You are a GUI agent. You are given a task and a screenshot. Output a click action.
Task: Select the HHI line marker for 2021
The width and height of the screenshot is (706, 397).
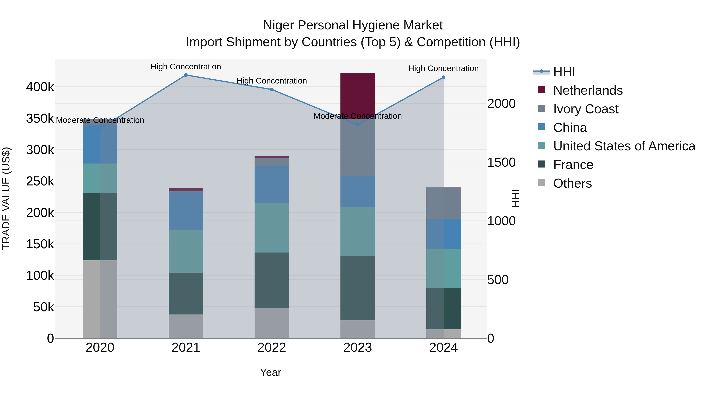coord(186,75)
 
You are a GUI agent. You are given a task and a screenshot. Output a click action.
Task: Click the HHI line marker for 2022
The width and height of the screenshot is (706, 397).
coord(272,90)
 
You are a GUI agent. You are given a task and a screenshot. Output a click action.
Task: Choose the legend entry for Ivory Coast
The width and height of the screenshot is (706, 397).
coord(585,109)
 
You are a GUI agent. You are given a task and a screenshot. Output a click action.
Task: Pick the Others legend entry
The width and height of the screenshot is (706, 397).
coord(572,183)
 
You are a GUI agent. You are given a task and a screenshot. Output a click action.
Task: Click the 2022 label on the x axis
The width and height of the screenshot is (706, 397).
coord(272,348)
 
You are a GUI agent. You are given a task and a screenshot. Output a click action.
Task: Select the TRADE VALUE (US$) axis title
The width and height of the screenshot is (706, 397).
coord(6,198)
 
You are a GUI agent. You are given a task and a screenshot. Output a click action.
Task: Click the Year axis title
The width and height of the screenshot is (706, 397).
coord(270,372)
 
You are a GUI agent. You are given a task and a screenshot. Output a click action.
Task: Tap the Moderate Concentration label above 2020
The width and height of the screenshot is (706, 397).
coord(100,120)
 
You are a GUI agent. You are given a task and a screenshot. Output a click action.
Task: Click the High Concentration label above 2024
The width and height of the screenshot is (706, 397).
coord(443,68)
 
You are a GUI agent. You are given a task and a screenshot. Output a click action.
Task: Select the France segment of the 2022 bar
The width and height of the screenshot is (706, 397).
coord(272,280)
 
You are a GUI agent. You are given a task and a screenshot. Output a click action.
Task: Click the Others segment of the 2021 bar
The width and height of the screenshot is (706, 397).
coord(186,326)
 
